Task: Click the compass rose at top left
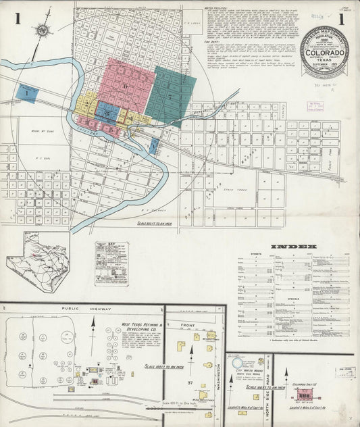[x=43, y=30]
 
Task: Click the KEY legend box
[x=111, y=262]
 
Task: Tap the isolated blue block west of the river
[x=28, y=93]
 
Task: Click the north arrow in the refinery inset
[x=93, y=331]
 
